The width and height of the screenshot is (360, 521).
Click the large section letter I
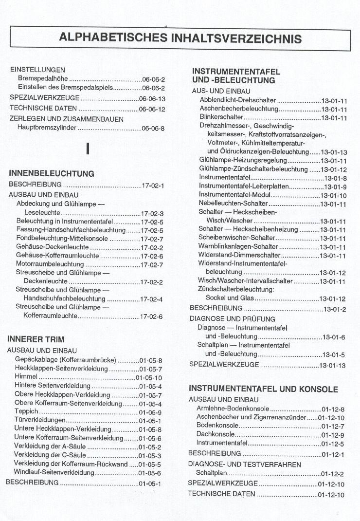[88, 149]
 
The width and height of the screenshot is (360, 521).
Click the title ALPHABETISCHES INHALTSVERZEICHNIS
[180, 38]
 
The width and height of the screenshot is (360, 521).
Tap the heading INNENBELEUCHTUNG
[52, 173]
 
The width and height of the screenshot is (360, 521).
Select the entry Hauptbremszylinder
[47, 129]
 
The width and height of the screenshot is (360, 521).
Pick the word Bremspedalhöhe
[43, 79]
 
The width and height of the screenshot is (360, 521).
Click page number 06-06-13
[152, 98]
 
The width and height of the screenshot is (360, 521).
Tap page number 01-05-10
[149, 378]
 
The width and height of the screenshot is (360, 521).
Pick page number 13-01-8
[336, 178]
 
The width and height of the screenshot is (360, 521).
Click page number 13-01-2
[335, 309]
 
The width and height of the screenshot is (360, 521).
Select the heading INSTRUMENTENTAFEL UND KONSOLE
[263, 389]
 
